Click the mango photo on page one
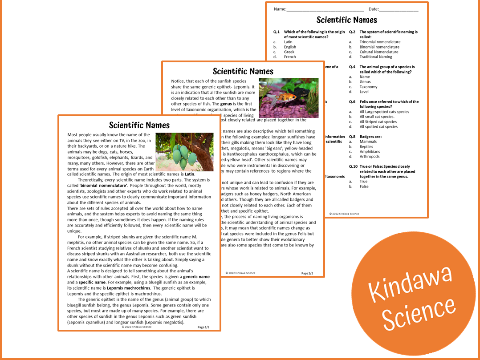pos(184,152)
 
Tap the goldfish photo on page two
pos(289,98)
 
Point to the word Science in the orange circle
pos(419,313)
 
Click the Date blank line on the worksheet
pos(399,9)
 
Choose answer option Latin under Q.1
pos(288,42)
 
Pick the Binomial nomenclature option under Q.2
pos(379,47)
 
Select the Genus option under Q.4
pos(365,82)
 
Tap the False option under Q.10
pos(364,186)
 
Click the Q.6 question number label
pos(352,102)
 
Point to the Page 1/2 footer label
pos(203,327)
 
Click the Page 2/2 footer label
pos(307,273)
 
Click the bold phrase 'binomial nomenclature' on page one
pos(103,185)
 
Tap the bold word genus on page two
pos(226,104)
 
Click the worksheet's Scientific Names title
pos(346,20)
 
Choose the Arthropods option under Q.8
pos(370,157)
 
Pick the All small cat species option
pos(377,117)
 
